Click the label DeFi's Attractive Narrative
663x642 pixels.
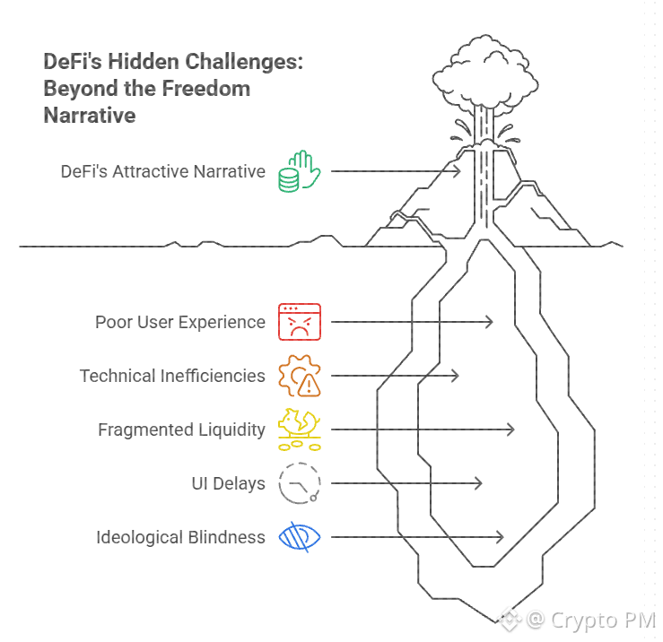coord(163,171)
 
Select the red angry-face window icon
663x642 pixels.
coord(300,322)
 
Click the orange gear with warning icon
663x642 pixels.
coord(300,376)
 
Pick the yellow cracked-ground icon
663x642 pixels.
coord(300,429)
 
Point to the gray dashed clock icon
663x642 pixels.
coord(299,483)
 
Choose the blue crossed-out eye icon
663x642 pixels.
coord(300,537)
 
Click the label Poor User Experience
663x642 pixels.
coord(180,322)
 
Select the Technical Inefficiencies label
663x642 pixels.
coord(172,376)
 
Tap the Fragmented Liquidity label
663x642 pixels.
coord(181,429)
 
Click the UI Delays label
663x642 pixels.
coord(228,483)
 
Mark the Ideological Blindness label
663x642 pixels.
coord(180,537)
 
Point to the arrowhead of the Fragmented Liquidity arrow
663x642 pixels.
coord(511,429)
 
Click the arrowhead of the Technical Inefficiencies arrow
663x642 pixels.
coord(456,376)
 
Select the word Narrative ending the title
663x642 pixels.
coord(90,115)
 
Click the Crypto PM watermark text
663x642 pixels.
coord(602,620)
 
